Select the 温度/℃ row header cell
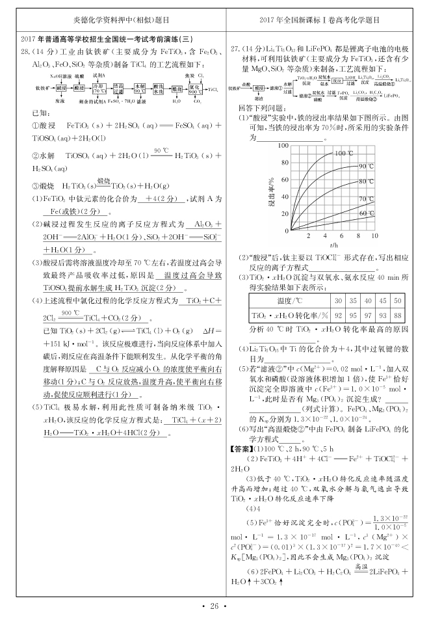pyautogui.click(x=289, y=301)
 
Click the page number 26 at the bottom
pyautogui.click(x=214, y=606)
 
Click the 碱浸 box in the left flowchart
pyautogui.click(x=60, y=87)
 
